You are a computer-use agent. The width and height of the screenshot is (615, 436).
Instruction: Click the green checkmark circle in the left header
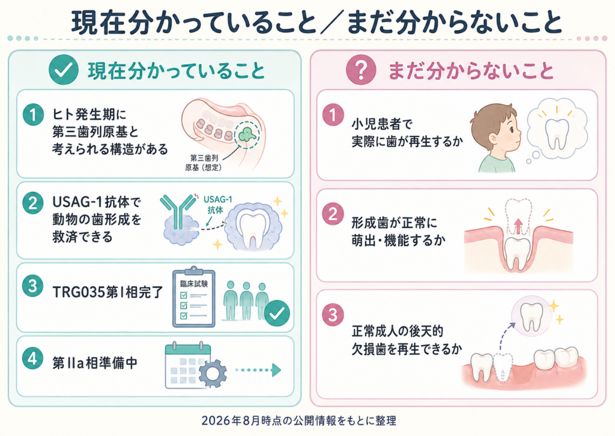(x=64, y=70)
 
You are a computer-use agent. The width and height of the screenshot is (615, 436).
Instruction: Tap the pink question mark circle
(x=361, y=70)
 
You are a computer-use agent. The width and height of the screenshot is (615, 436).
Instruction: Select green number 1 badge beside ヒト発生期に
(x=33, y=114)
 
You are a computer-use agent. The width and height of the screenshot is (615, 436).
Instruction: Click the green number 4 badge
(x=33, y=358)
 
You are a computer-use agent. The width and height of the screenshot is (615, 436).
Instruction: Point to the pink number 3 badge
(x=333, y=315)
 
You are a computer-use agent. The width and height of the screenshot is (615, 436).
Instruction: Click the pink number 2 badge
(x=333, y=214)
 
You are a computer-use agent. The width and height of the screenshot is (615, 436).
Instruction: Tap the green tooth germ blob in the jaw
(x=247, y=134)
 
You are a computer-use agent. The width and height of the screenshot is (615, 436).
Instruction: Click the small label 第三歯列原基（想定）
(x=204, y=162)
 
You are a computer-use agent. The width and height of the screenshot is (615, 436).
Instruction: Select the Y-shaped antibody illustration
(x=178, y=210)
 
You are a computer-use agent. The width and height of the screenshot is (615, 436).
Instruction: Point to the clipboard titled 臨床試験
(x=194, y=298)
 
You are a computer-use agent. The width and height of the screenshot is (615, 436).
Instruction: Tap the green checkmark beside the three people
(x=277, y=313)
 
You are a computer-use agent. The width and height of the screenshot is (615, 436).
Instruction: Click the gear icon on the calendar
(x=213, y=373)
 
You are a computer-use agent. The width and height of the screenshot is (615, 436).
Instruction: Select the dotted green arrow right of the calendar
(x=258, y=370)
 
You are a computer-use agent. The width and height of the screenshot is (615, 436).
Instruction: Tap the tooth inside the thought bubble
(x=557, y=133)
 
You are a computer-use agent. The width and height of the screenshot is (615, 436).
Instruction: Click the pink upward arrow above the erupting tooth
(x=518, y=227)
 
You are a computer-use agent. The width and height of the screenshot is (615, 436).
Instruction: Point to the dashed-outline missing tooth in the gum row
(x=502, y=367)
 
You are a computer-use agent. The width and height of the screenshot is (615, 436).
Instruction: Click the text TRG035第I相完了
(x=108, y=292)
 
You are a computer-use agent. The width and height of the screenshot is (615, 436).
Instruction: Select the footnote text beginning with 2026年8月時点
(x=299, y=421)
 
